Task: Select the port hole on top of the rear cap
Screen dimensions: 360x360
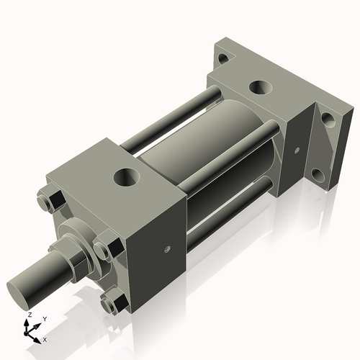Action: (259, 89)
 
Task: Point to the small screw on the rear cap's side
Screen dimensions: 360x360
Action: (296, 150)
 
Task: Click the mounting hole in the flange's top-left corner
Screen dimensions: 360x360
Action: (224, 58)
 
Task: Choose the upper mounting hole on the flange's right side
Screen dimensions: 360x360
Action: (328, 120)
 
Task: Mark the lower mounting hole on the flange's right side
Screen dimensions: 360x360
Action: (318, 175)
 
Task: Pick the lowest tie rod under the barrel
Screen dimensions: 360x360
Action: (216, 216)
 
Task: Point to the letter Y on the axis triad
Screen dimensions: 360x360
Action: (44, 318)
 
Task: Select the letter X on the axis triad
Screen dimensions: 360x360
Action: (45, 338)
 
